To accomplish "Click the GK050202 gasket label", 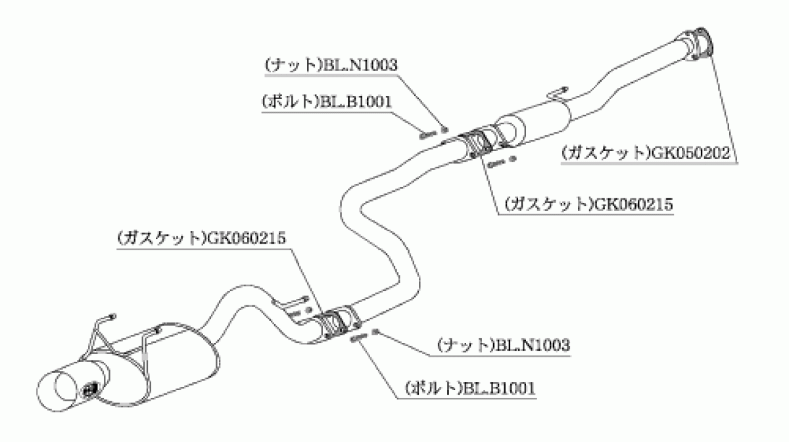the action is click(x=646, y=154).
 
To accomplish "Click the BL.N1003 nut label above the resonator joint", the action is click(x=331, y=65).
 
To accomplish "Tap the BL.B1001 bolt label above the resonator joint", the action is click(x=327, y=102).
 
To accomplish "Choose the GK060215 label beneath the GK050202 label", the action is click(x=588, y=204).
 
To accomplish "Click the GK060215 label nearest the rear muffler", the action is click(x=201, y=238).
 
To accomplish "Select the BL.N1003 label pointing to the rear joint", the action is click(x=504, y=345).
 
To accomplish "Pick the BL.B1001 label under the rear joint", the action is click(x=470, y=389).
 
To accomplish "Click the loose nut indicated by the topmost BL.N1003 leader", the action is click(x=445, y=130).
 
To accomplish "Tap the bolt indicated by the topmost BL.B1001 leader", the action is click(x=428, y=135).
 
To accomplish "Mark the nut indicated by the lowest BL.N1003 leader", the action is click(x=375, y=331).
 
